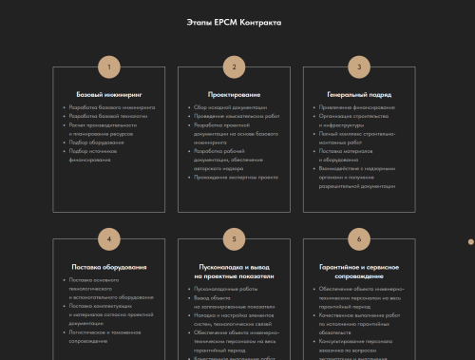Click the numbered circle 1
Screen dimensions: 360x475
[109, 67]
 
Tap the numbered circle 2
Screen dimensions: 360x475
[234, 67]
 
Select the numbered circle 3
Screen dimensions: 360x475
[358, 67]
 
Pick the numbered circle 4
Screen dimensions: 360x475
[109, 238]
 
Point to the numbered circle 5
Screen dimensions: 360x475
[234, 238]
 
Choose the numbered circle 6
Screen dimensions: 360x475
[358, 238]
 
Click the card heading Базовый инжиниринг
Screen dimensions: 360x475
[109, 94]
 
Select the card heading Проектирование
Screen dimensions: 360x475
[234, 94]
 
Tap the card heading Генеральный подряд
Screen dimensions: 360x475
[358, 94]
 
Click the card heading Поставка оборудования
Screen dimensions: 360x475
[109, 267]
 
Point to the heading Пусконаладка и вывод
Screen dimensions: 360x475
[234, 267]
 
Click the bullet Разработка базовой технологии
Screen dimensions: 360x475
[105, 115]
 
